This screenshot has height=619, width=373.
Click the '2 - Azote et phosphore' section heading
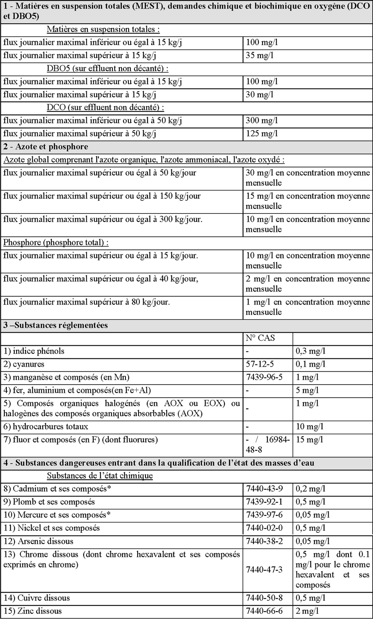[46, 147]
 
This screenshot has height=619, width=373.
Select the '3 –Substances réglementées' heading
[55, 325]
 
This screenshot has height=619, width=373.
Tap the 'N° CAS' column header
[260, 338]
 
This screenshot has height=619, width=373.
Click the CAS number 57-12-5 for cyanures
[260, 364]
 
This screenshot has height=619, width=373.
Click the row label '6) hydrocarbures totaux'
[46, 427]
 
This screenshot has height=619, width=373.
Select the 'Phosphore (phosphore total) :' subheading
[56, 243]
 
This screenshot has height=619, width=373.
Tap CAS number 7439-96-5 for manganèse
[264, 377]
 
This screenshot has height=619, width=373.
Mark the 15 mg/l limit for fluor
[309, 440]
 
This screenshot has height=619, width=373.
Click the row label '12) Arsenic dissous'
[38, 542]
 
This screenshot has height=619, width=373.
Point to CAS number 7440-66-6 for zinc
[264, 611]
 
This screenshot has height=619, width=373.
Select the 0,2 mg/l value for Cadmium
[310, 489]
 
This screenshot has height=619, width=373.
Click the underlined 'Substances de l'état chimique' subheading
[100, 476]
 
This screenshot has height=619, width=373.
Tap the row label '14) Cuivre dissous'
[37, 598]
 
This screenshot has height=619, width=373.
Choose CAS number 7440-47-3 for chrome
[264, 570]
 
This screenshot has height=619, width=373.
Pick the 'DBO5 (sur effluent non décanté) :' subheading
[108, 69]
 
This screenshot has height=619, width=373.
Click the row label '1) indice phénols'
[34, 351]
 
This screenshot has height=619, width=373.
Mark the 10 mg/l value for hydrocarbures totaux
[309, 427]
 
